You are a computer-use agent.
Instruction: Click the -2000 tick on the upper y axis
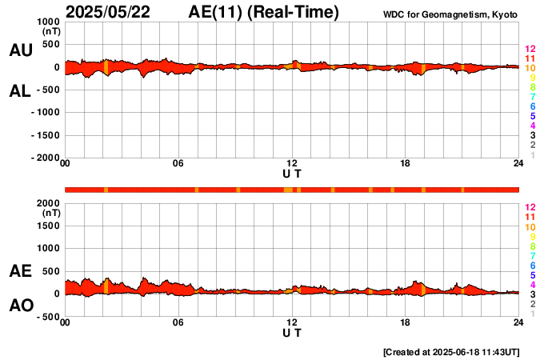(x=45, y=158)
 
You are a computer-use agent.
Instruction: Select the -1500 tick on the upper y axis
(x=45, y=135)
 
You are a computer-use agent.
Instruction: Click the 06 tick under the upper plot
(x=178, y=164)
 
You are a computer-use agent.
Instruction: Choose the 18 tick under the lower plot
(x=406, y=322)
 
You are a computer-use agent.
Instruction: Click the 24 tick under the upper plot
(x=518, y=164)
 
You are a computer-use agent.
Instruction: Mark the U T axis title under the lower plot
(x=292, y=332)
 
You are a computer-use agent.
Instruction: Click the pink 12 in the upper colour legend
(x=530, y=50)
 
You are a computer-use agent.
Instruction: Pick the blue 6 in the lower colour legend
(x=532, y=265)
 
